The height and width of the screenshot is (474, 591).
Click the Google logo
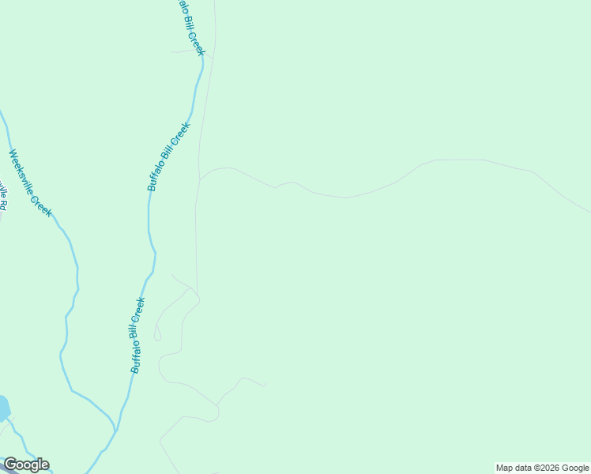26,465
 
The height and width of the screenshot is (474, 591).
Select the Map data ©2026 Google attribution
542,468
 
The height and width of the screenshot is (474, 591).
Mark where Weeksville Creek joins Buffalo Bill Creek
115,431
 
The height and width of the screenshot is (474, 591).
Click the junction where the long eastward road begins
200,179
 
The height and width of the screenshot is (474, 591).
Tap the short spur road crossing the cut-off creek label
190,51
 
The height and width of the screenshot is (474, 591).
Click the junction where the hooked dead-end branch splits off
216,404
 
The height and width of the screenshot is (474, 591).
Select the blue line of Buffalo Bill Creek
150,229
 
